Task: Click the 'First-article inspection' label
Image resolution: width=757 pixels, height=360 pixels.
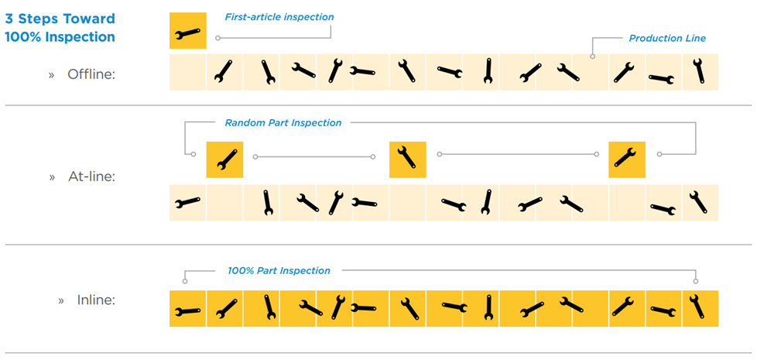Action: pyautogui.click(x=279, y=17)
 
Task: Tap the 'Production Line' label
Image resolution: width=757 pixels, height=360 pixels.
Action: pyautogui.click(x=667, y=38)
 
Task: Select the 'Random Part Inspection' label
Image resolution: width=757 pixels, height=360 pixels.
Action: pyautogui.click(x=283, y=122)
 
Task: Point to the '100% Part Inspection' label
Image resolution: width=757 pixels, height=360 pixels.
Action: pyautogui.click(x=279, y=271)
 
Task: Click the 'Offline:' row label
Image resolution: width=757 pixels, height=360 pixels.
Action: pyautogui.click(x=92, y=75)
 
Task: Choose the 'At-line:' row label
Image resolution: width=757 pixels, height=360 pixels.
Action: pyautogui.click(x=92, y=177)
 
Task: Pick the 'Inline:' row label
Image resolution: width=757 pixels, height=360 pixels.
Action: pyautogui.click(x=96, y=300)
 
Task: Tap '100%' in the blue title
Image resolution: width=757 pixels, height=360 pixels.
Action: pyautogui.click(x=22, y=37)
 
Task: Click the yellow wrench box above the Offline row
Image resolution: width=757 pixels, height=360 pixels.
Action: pyautogui.click(x=188, y=31)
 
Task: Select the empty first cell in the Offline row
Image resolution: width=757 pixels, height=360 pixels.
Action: pyautogui.click(x=188, y=72)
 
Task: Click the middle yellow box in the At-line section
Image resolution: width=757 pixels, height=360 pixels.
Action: pyautogui.click(x=408, y=159)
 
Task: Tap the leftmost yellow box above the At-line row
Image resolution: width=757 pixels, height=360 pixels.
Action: pyautogui.click(x=224, y=159)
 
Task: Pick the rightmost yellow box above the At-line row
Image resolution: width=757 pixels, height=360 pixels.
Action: pyautogui.click(x=627, y=159)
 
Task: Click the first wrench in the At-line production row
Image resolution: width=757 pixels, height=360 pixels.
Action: pyautogui.click(x=187, y=202)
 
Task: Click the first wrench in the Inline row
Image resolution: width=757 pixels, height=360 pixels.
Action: pyautogui.click(x=187, y=311)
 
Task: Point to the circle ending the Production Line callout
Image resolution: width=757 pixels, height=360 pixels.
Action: pyautogui.click(x=593, y=57)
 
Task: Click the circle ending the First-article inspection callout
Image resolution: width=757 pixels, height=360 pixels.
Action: pyautogui.click(x=218, y=38)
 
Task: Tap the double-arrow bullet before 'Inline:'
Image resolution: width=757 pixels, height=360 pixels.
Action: pyautogui.click(x=61, y=300)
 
